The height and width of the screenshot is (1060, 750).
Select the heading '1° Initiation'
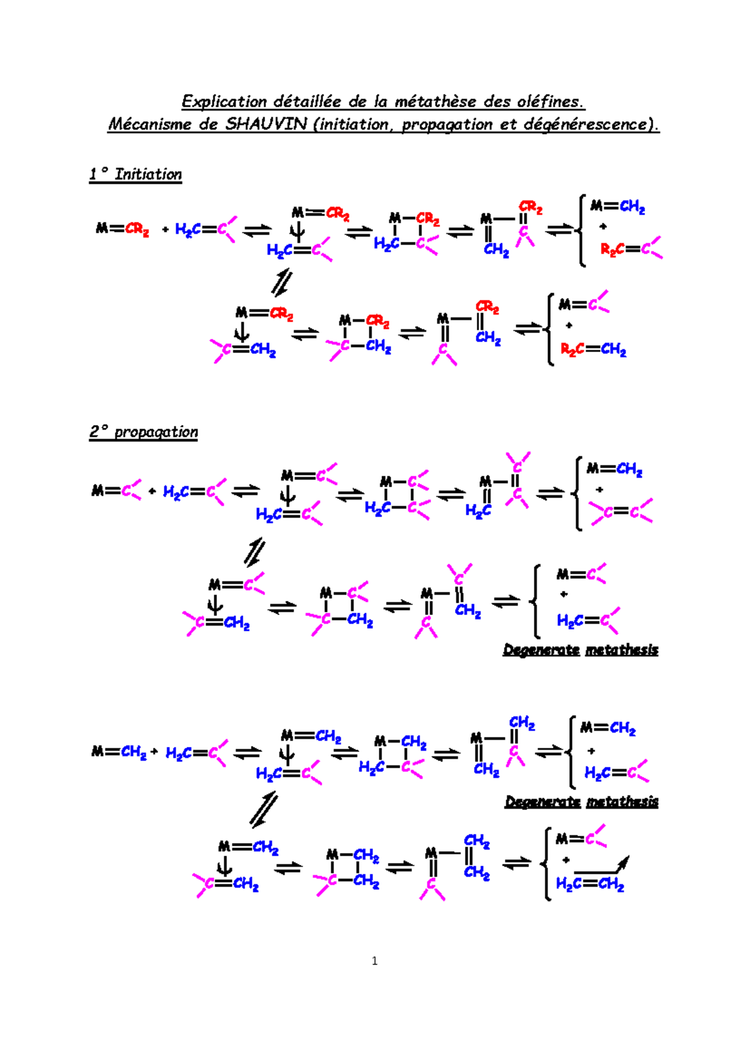pyautogui.click(x=135, y=174)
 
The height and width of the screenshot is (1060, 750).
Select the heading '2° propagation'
pyautogui.click(x=143, y=432)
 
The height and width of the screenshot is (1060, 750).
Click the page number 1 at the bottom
pyautogui.click(x=374, y=961)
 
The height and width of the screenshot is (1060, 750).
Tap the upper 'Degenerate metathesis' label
pyautogui.click(x=580, y=650)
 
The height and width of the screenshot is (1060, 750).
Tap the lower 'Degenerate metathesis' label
pyautogui.click(x=581, y=801)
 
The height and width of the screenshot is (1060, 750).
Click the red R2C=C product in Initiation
pyautogui.click(x=630, y=249)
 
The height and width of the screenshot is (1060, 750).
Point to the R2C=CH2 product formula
pyautogui.click(x=593, y=349)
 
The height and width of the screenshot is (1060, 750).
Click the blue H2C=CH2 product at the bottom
pyautogui.click(x=589, y=884)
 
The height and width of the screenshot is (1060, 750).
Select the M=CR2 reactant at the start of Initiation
pyautogui.click(x=122, y=229)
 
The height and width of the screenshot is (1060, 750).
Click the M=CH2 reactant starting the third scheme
pyautogui.click(x=119, y=751)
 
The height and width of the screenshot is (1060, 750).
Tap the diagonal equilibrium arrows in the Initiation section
pyautogui.click(x=281, y=282)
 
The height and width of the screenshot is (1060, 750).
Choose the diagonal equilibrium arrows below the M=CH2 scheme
pyautogui.click(x=263, y=810)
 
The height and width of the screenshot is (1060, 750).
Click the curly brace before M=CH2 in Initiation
pyautogui.click(x=582, y=230)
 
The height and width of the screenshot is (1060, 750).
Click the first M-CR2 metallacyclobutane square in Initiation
pyautogui.click(x=407, y=231)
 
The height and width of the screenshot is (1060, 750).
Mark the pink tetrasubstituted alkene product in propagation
pyautogui.click(x=621, y=512)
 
